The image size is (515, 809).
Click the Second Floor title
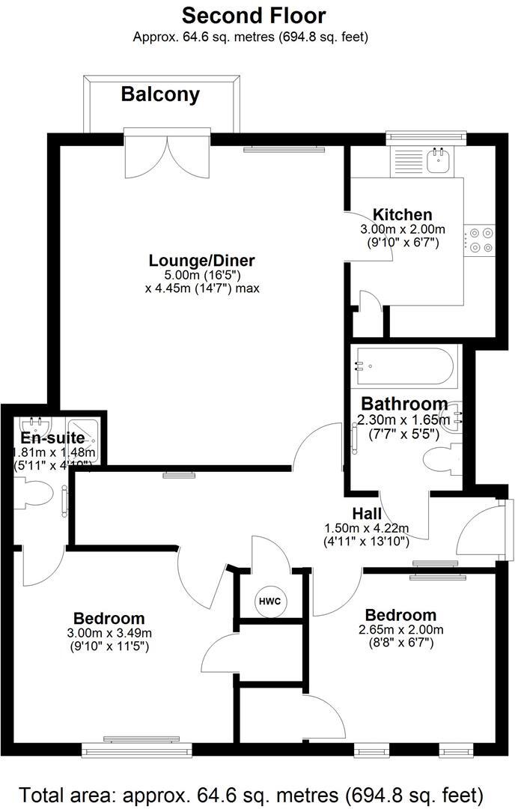254,14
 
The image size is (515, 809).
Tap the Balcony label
160,94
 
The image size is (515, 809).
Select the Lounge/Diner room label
201,261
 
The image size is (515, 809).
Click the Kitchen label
403,215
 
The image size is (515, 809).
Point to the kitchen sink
436,159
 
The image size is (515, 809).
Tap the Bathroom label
404,404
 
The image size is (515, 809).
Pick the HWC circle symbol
268,601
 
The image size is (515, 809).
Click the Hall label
368,514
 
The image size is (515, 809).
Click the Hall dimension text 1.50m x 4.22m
368,527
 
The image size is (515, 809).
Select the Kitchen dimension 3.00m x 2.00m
403,229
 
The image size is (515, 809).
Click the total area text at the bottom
251,793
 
